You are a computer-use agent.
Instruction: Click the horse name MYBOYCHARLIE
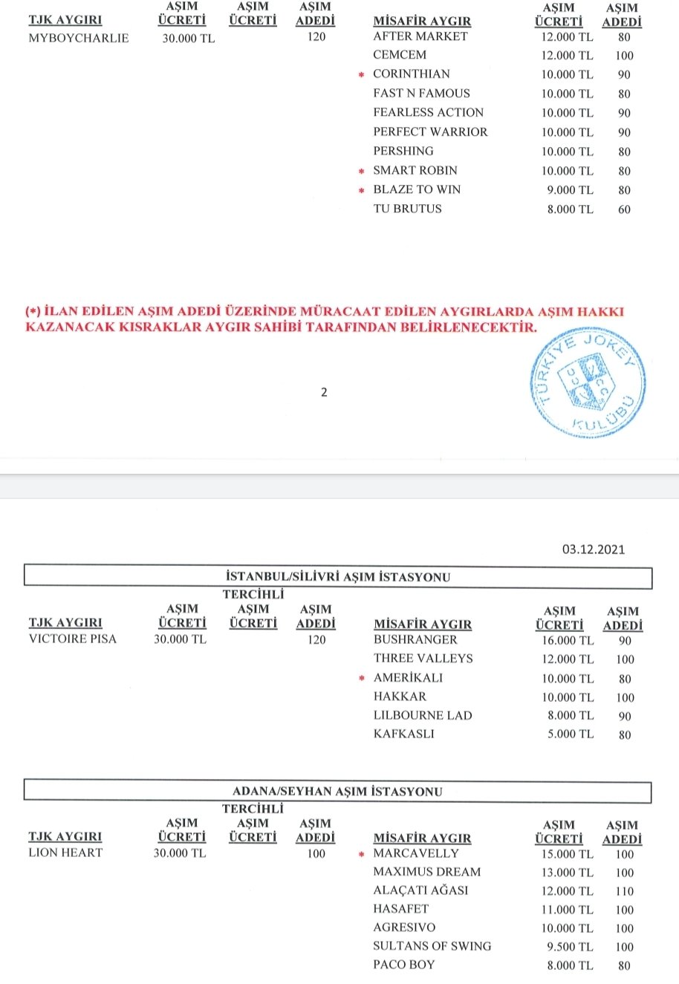tap(78, 38)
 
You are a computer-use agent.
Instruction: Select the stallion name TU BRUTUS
tap(407, 209)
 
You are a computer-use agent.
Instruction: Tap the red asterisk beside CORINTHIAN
tap(361, 75)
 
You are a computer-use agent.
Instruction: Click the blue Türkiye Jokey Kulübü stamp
tap(588, 383)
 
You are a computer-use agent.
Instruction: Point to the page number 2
tap(324, 392)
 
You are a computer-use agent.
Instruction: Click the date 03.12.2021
tap(593, 550)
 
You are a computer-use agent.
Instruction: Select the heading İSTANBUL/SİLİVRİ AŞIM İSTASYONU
tap(337, 577)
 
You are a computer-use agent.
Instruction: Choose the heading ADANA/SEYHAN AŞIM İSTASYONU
tap(337, 792)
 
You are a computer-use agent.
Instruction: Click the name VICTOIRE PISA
tap(73, 639)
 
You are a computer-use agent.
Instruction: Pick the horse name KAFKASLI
tap(404, 734)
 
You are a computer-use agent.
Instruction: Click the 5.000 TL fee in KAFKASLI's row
tap(571, 734)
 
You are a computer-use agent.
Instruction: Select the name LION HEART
tap(65, 853)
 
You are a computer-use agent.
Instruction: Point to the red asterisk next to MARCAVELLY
tap(361, 854)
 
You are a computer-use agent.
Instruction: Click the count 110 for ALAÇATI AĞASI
tap(624, 891)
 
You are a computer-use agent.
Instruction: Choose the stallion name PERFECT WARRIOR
tap(430, 131)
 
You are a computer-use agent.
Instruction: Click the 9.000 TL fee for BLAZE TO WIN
tap(571, 190)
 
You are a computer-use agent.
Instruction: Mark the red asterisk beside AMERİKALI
tap(362, 678)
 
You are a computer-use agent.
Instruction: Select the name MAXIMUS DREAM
tap(426, 872)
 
